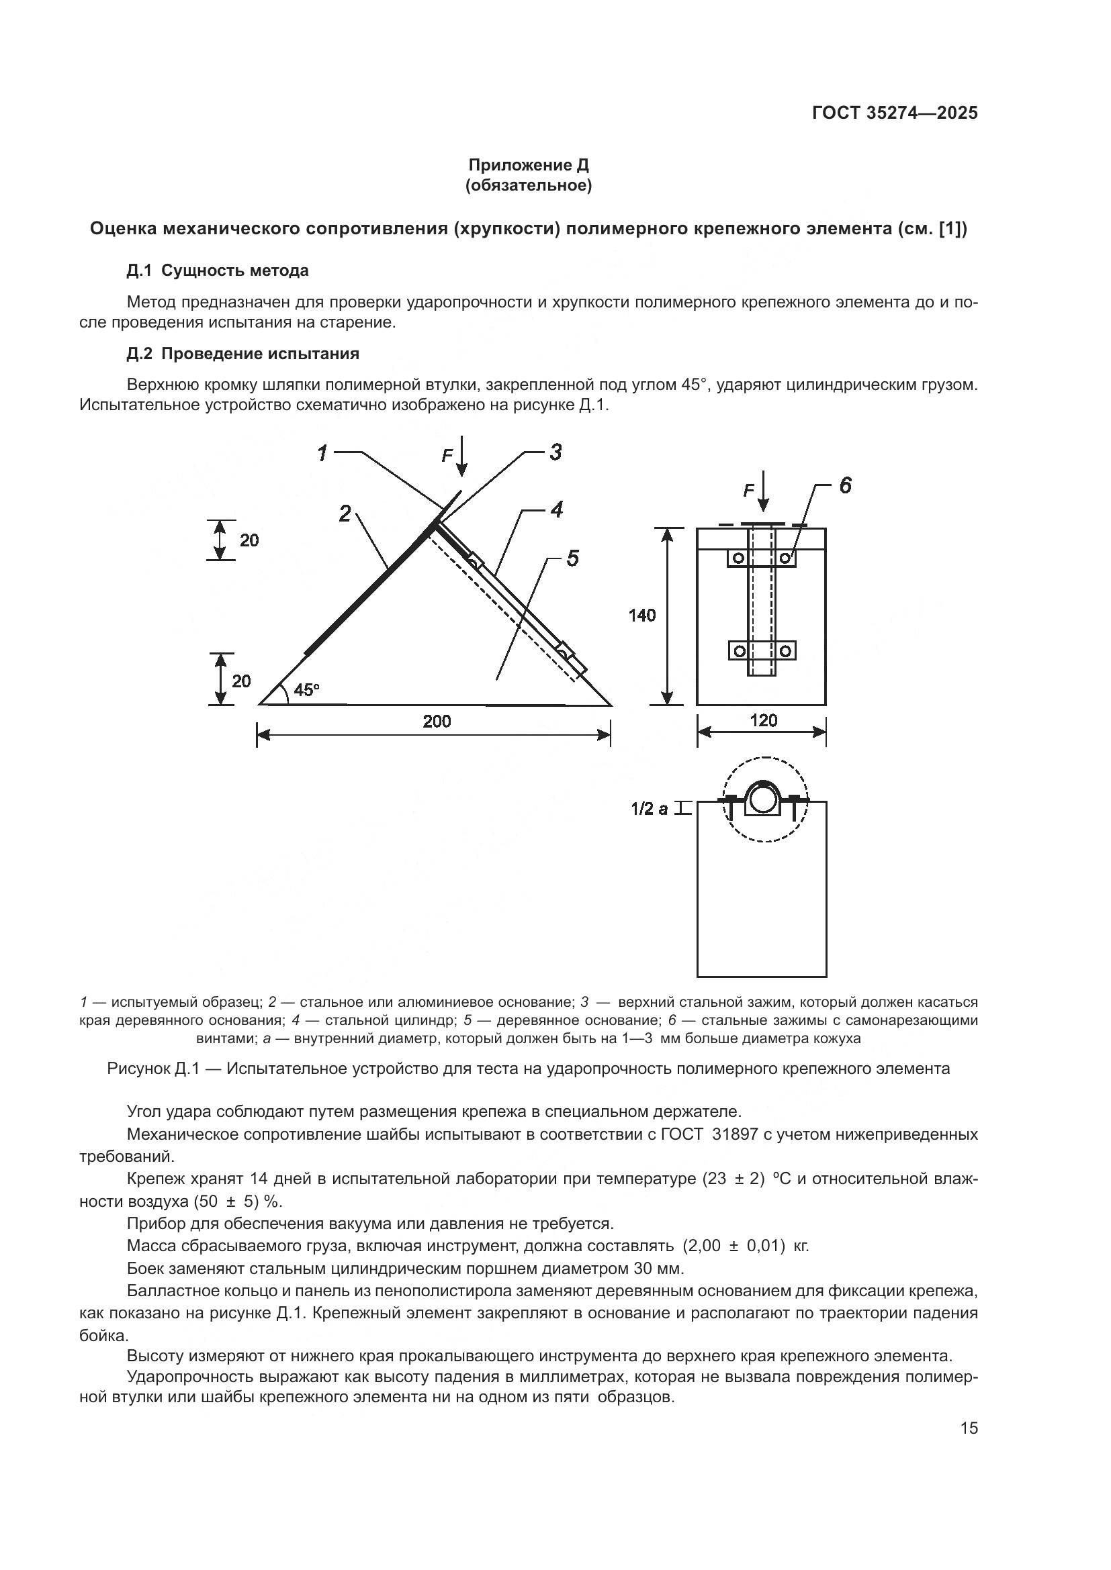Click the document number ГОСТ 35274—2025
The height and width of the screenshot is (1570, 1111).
click(894, 113)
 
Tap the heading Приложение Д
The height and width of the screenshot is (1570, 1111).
click(528, 165)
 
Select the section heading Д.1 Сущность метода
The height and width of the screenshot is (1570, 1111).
click(218, 271)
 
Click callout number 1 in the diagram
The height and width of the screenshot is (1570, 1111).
click(323, 452)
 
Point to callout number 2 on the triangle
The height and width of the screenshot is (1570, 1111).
click(345, 513)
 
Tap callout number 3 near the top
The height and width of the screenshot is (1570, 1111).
click(555, 452)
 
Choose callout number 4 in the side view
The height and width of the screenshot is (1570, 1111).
click(556, 509)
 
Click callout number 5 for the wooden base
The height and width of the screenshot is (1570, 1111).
click(572, 558)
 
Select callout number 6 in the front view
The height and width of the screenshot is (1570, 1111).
click(846, 485)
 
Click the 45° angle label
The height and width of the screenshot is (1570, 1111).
click(306, 690)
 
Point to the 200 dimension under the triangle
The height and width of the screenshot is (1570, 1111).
click(437, 722)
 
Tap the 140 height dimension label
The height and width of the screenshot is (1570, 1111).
click(641, 616)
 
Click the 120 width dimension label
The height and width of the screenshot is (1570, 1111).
click(764, 721)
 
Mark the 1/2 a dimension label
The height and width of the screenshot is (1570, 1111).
click(650, 809)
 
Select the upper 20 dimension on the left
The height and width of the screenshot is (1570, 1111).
click(249, 540)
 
